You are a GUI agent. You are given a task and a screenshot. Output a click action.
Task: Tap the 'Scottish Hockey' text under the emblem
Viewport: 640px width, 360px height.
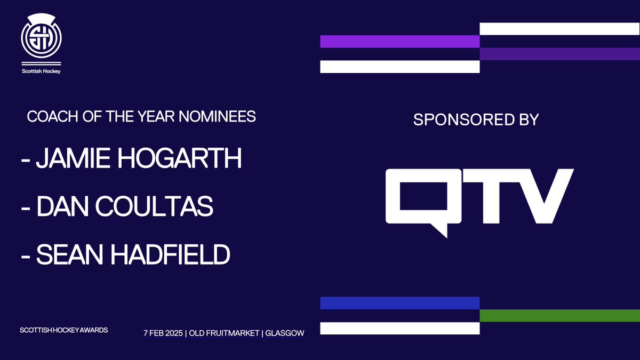tap(41, 70)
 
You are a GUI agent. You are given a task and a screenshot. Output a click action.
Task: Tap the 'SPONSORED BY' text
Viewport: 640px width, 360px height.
tap(476, 119)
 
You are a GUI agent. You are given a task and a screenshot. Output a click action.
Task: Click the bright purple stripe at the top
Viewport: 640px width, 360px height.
tap(399, 42)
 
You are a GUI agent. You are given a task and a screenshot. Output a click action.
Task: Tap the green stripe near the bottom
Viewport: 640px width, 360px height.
tap(559, 315)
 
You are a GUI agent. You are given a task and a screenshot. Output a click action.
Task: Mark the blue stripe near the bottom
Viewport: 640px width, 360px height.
tap(399, 303)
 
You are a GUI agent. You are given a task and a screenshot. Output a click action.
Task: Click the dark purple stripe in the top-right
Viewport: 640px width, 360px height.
tap(559, 54)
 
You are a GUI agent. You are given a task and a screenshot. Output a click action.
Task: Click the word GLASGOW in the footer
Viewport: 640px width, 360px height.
tap(284, 333)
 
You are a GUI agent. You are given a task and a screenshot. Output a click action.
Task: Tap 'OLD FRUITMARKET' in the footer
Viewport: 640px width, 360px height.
tap(224, 333)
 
